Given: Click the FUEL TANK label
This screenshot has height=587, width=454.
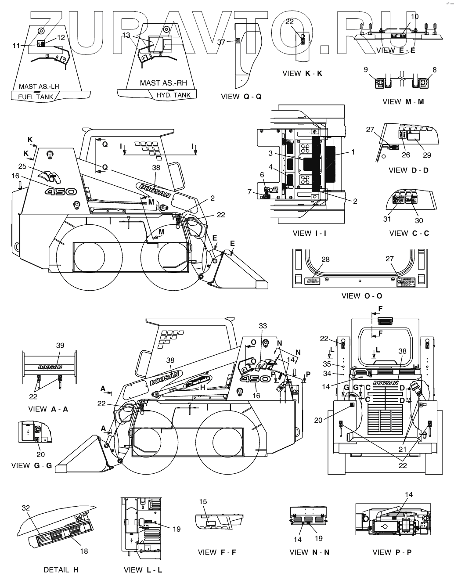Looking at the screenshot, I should pyautogui.click(x=36, y=97).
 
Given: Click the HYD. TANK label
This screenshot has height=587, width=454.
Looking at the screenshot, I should pyautogui.click(x=173, y=95).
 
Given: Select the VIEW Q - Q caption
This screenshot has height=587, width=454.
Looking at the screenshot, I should pyautogui.click(x=241, y=97).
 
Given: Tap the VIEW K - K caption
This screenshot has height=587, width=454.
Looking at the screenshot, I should pyautogui.click(x=302, y=73).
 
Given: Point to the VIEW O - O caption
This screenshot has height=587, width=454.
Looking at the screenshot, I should pyautogui.click(x=362, y=296).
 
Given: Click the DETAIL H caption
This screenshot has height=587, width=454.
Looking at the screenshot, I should pyautogui.click(x=61, y=570).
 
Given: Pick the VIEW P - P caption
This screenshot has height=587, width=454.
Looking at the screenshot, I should pyautogui.click(x=392, y=552).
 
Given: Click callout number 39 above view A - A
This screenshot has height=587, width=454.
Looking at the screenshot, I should pyautogui.click(x=60, y=346).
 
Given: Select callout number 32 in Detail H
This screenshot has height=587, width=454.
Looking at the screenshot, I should pyautogui.click(x=25, y=508).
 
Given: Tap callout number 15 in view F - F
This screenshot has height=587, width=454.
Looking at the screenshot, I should pyautogui.click(x=203, y=501).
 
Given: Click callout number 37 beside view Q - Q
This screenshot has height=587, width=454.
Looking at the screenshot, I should pyautogui.click(x=221, y=42).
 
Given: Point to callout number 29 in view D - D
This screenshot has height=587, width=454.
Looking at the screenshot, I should pyautogui.click(x=427, y=155).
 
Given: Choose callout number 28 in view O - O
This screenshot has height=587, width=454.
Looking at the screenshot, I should pyautogui.click(x=325, y=259).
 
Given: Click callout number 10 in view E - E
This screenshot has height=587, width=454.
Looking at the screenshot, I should pyautogui.click(x=414, y=17).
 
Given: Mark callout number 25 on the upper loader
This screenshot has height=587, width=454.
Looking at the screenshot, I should pyautogui.click(x=23, y=166).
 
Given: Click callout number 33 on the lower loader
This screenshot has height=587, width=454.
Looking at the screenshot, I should pyautogui.click(x=263, y=326).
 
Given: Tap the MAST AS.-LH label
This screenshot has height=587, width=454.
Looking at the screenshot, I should pyautogui.click(x=39, y=86).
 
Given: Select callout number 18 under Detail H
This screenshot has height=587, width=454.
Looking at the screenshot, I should pyautogui.click(x=84, y=551).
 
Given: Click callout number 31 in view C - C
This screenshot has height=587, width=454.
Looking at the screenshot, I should pyautogui.click(x=387, y=219).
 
